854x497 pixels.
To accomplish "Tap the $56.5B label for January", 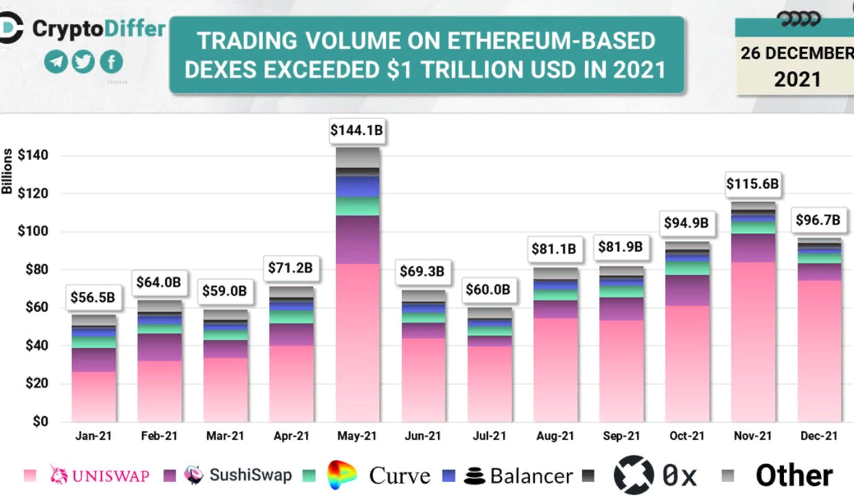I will [x=92, y=298].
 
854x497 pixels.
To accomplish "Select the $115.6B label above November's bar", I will [x=752, y=184].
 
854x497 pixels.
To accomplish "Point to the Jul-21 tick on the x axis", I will [x=489, y=436].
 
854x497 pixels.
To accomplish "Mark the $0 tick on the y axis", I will [x=39, y=422].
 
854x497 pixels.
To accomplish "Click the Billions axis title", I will [x=7, y=173].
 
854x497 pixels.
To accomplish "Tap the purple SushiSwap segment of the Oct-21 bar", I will [x=687, y=290].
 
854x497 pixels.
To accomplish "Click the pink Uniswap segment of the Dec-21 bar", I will [x=819, y=350].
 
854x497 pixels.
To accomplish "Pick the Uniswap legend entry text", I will [x=111, y=476].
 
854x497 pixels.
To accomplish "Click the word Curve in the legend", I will [x=400, y=476].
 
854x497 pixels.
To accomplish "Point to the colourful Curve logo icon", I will [x=342, y=475].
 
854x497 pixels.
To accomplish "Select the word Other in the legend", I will [x=794, y=476].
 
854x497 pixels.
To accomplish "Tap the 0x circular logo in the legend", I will [x=633, y=475].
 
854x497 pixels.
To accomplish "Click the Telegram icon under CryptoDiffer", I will [x=56, y=62].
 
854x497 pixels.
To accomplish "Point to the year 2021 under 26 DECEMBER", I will [x=797, y=79].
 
